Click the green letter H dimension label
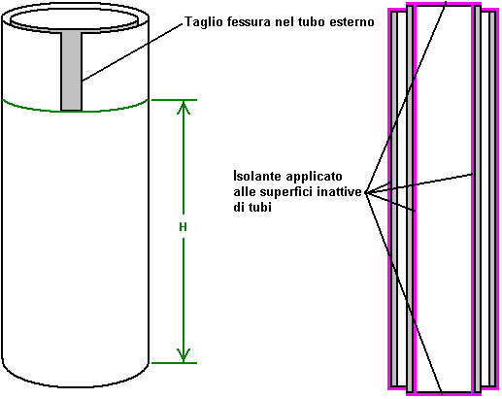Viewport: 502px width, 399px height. click(x=183, y=227)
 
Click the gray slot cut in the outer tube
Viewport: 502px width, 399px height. click(x=72, y=71)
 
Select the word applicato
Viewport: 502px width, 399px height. click(x=314, y=177)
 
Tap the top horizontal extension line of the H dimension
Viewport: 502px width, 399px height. click(x=174, y=100)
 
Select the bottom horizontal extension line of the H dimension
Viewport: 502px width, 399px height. click(x=174, y=363)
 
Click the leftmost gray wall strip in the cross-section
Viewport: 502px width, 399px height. click(x=394, y=199)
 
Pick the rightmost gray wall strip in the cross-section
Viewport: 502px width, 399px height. click(x=492, y=199)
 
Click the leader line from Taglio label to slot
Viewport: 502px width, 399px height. click(x=133, y=51)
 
